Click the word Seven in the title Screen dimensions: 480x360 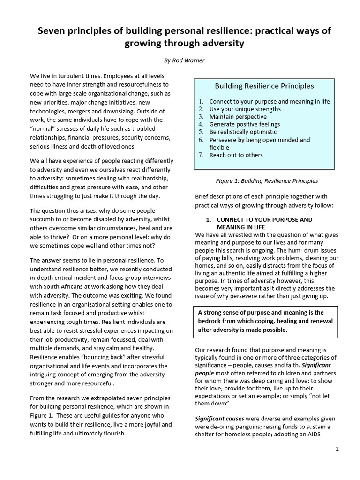click(x=54, y=31)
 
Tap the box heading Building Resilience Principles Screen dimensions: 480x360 click(x=264, y=86)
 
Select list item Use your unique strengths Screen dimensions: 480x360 click(x=245, y=109)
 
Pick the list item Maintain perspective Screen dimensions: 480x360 click(x=238, y=117)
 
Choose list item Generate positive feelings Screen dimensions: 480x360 click(x=244, y=124)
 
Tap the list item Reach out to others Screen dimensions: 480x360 click(x=236, y=155)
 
